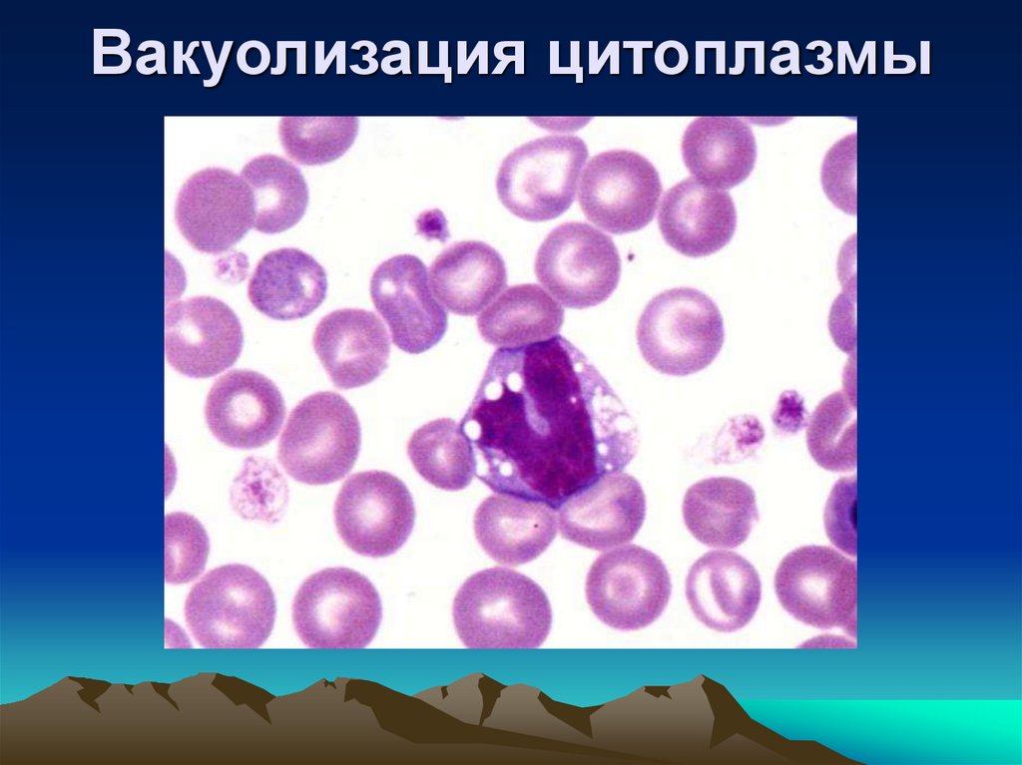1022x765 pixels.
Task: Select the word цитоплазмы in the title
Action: point(739,57)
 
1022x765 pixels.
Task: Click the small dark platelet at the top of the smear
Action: point(431,222)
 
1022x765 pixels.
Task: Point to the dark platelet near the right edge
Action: point(788,410)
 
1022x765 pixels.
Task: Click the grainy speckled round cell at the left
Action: point(286,282)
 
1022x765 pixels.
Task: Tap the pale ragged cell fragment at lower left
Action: point(258,488)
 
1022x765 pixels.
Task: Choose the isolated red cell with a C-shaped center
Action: point(680,330)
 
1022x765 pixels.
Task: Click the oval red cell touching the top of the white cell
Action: point(520,314)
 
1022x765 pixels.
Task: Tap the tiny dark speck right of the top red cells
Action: point(632,256)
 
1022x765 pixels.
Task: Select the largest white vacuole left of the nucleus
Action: point(472,430)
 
